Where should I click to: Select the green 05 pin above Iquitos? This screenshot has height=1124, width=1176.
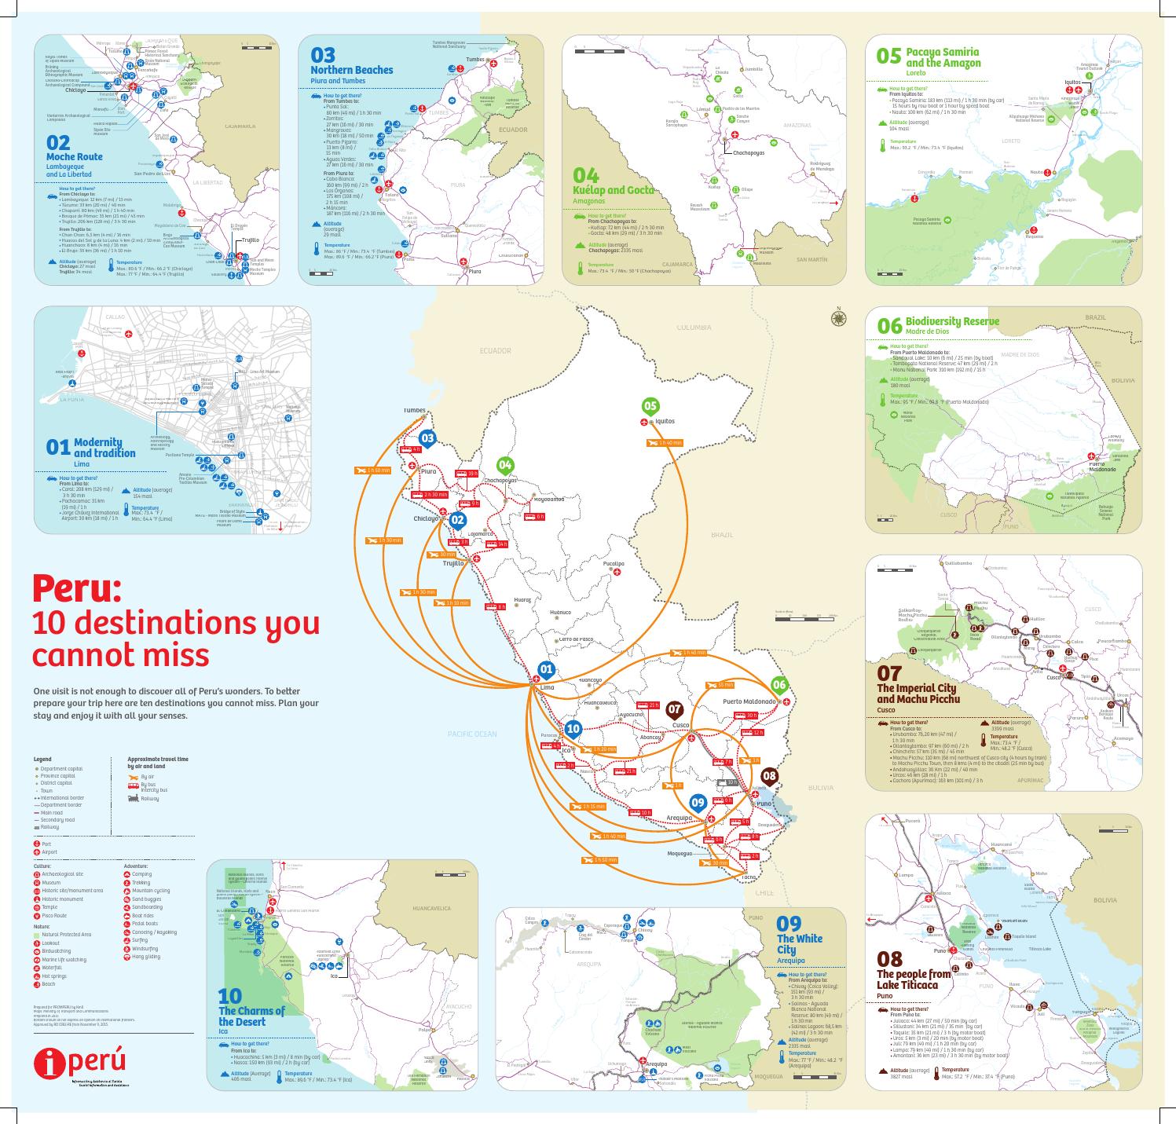(x=650, y=406)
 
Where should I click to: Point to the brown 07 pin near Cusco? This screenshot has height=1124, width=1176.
(x=674, y=709)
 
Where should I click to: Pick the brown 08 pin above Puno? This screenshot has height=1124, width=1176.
(x=769, y=777)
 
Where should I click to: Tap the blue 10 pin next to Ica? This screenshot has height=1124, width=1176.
(x=573, y=729)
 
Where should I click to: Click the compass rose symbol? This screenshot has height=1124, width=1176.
(x=839, y=318)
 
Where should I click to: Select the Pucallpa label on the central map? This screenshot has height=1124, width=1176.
(x=614, y=563)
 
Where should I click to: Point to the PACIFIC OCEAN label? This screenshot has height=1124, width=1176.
(x=472, y=734)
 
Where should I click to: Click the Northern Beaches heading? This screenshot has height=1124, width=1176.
(x=351, y=70)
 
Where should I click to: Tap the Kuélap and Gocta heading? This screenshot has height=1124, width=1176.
(x=614, y=190)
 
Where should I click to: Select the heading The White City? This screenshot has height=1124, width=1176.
(x=799, y=944)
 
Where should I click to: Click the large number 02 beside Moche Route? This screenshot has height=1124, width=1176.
(x=58, y=142)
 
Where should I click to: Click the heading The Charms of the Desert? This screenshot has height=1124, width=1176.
(x=251, y=1016)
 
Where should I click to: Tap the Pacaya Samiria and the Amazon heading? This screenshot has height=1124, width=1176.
(x=943, y=57)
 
